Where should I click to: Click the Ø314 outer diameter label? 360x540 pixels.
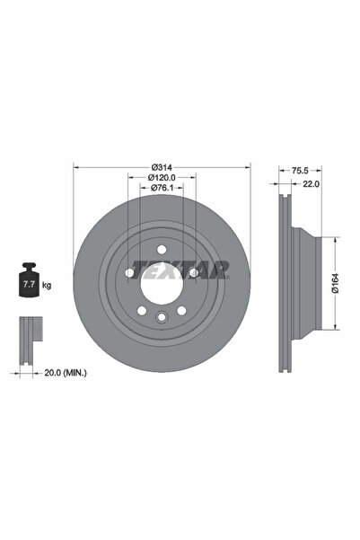(x=162, y=167)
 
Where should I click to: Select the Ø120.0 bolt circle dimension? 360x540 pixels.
(x=162, y=177)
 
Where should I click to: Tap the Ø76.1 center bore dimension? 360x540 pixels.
(x=162, y=188)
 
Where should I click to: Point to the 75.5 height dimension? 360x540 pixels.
(x=300, y=170)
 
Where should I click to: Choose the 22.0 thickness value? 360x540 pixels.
(x=311, y=184)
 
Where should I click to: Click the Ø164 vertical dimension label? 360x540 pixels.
(x=335, y=283)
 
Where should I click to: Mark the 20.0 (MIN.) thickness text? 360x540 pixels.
(x=66, y=373)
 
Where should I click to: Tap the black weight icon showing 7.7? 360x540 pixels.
(x=29, y=279)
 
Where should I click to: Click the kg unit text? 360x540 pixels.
(x=47, y=285)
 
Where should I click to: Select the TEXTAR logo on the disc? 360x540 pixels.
(x=180, y=270)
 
